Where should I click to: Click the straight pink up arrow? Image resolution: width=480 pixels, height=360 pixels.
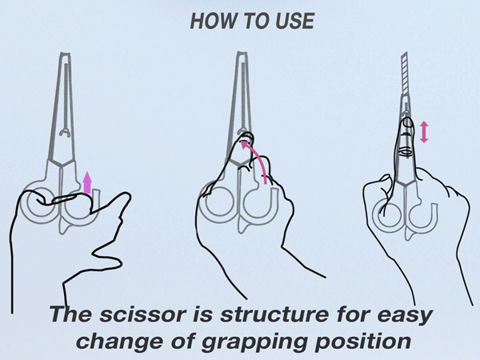87,182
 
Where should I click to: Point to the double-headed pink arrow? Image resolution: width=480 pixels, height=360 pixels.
424,132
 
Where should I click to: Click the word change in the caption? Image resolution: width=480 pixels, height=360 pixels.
119,341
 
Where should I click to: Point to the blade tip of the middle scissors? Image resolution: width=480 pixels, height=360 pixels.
242,54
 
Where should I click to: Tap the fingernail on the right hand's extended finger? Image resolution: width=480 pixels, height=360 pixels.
407,122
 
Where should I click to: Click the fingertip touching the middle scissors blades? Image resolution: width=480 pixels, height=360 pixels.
246,137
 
